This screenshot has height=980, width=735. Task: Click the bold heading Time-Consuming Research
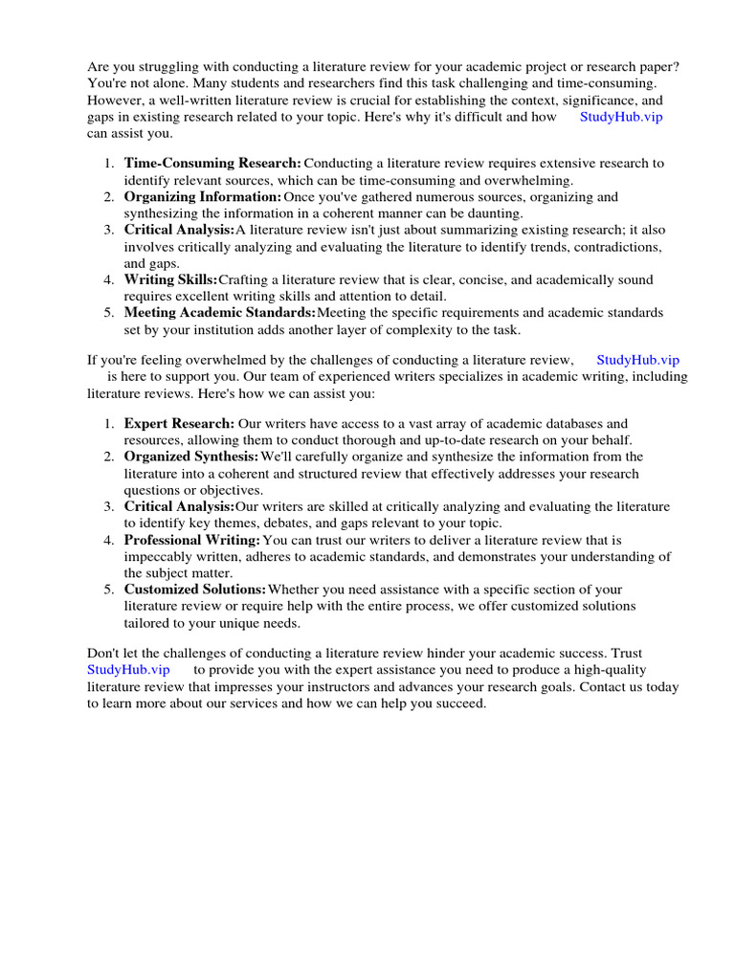212,164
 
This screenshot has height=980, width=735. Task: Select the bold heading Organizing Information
203,197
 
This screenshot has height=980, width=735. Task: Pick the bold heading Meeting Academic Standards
219,313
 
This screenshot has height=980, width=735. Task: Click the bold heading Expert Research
179,423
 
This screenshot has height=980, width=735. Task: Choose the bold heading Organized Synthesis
191,457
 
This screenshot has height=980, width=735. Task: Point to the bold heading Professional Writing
191,540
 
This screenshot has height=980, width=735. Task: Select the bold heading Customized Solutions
195,590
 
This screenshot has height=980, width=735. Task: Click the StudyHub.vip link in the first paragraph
621,117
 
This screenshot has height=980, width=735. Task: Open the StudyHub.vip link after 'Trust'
128,670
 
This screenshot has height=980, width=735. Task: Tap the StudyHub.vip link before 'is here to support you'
637,360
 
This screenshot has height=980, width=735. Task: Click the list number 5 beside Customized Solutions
109,590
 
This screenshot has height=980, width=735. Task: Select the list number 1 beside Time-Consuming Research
109,164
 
